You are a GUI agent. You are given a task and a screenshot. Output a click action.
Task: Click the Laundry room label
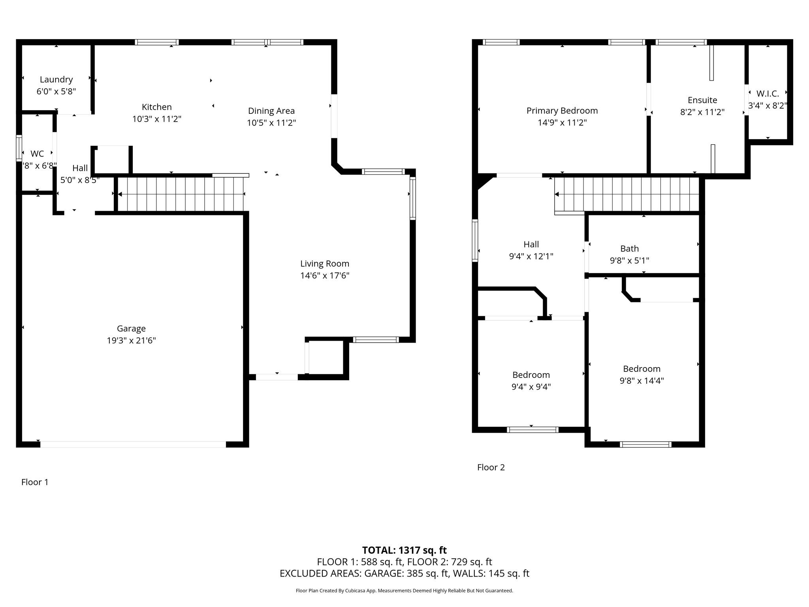(56, 79)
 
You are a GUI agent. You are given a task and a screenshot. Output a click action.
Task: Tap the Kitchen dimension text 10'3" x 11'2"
(157, 119)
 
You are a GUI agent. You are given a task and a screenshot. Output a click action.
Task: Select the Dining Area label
(271, 111)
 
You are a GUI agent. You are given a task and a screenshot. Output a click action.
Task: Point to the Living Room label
(325, 264)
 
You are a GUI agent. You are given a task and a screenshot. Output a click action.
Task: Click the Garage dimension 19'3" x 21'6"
(131, 340)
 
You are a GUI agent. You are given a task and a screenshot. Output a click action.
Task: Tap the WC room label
(37, 154)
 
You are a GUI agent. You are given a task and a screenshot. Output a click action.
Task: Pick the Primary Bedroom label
(562, 111)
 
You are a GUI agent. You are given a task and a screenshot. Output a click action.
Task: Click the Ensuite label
(702, 100)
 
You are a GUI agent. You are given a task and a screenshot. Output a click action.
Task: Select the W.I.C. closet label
(768, 94)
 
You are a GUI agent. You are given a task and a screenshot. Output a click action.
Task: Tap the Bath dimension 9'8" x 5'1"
(630, 260)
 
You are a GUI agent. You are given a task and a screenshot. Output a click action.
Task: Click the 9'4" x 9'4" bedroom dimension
(531, 386)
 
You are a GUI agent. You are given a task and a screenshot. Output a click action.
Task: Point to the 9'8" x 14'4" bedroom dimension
(642, 381)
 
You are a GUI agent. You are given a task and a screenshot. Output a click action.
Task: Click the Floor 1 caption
(35, 482)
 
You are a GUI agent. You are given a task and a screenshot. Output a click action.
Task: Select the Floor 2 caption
(491, 467)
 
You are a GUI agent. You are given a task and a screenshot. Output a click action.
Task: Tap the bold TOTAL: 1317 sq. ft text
(404, 550)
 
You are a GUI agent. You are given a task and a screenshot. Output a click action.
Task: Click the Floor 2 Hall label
(531, 244)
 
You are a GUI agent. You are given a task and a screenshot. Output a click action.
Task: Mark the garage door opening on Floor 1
(133, 444)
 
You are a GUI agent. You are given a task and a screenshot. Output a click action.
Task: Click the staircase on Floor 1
(181, 194)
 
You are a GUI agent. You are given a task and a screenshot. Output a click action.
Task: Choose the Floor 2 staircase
(627, 194)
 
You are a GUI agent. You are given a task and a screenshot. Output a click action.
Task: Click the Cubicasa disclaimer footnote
(404, 591)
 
